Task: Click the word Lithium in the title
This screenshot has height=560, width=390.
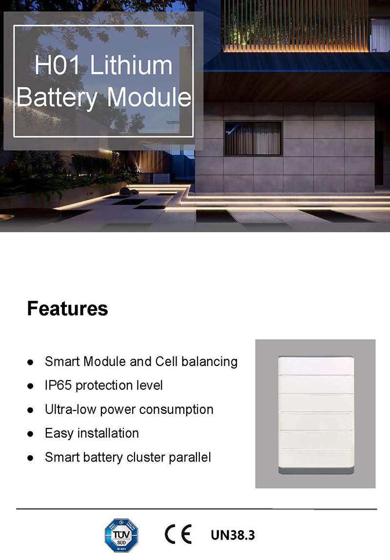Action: pyautogui.click(x=131, y=65)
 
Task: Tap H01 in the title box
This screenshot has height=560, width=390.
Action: pyautogui.click(x=57, y=65)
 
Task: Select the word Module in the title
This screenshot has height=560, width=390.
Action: pyautogui.click(x=149, y=97)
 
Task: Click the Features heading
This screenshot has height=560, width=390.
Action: pyautogui.click(x=67, y=309)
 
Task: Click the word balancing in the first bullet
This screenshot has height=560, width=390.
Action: pyautogui.click(x=209, y=362)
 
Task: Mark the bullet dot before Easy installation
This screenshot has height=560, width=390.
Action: pyautogui.click(x=30, y=434)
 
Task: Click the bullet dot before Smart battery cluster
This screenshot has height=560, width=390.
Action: pyautogui.click(x=30, y=458)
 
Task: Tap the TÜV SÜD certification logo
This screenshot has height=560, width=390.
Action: pyautogui.click(x=121, y=535)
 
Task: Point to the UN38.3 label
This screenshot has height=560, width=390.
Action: pyautogui.click(x=233, y=535)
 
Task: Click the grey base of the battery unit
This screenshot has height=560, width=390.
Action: pyautogui.click(x=316, y=470)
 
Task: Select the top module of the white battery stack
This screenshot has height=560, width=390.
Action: pyautogui.click(x=316, y=366)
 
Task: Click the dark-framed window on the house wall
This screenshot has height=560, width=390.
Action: pyautogui.click(x=253, y=138)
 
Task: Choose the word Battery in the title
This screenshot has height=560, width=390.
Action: pyautogui.click(x=57, y=97)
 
